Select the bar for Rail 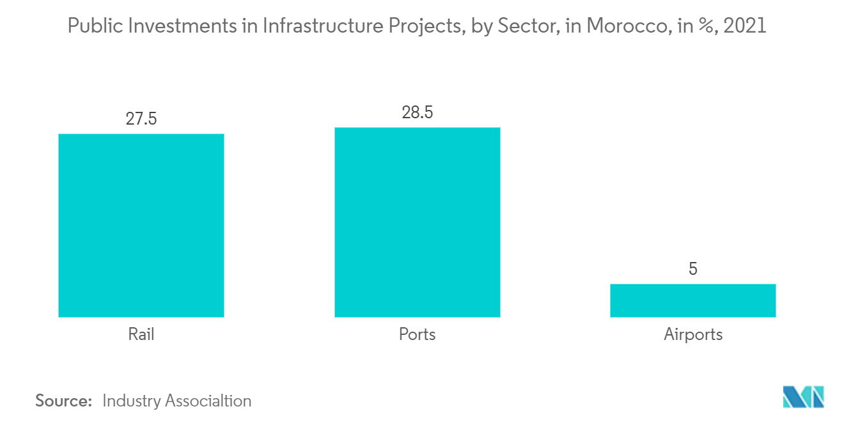141,225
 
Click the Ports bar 417,222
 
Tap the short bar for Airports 693,300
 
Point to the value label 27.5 141,120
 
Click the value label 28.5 417,113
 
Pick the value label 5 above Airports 693,269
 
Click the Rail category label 141,334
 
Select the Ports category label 417,334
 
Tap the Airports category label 693,334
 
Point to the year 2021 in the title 744,26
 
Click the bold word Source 63,401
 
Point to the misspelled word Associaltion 208,401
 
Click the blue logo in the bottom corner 804,396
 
